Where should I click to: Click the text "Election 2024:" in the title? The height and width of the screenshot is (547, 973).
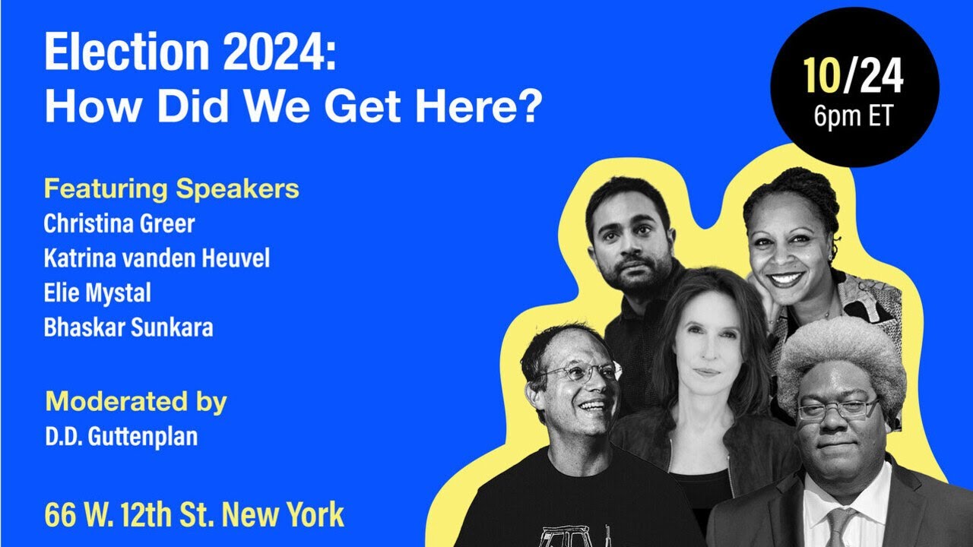(x=190, y=53)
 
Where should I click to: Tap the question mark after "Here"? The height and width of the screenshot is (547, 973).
(x=529, y=107)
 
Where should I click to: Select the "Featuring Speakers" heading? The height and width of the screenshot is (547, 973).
(x=171, y=188)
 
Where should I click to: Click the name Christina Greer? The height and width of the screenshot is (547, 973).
(x=119, y=224)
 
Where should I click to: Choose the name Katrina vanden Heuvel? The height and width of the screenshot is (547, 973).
(x=157, y=259)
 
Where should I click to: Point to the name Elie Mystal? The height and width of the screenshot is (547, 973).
(x=97, y=293)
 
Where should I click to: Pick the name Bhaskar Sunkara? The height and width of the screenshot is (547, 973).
(x=128, y=327)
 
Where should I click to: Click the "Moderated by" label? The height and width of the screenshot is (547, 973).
(x=136, y=401)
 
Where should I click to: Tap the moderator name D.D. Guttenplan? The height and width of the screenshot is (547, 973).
(x=121, y=437)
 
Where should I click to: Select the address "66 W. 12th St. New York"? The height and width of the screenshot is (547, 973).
(x=195, y=514)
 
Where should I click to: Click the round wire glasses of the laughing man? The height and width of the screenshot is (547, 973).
(x=579, y=372)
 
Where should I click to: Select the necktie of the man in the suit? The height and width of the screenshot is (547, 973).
(x=839, y=528)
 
